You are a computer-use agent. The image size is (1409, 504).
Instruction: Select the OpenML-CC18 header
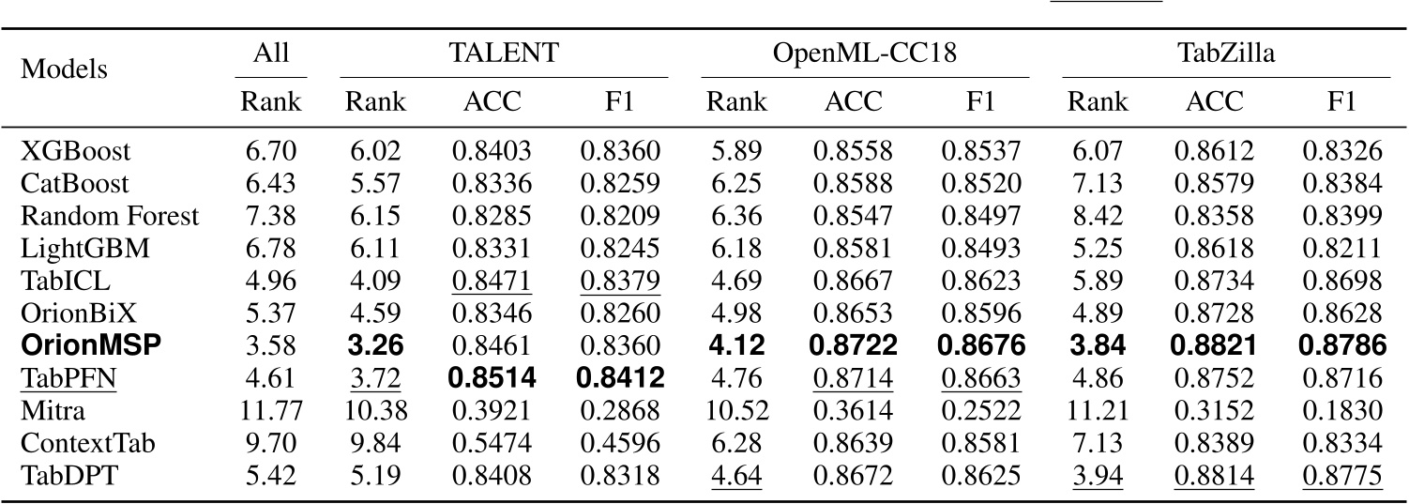(x=864, y=54)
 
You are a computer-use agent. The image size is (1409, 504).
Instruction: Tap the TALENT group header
(x=503, y=54)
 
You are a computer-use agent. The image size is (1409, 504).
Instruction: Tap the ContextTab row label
(x=74, y=443)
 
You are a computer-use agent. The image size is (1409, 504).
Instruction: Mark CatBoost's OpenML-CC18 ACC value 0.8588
(x=854, y=184)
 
